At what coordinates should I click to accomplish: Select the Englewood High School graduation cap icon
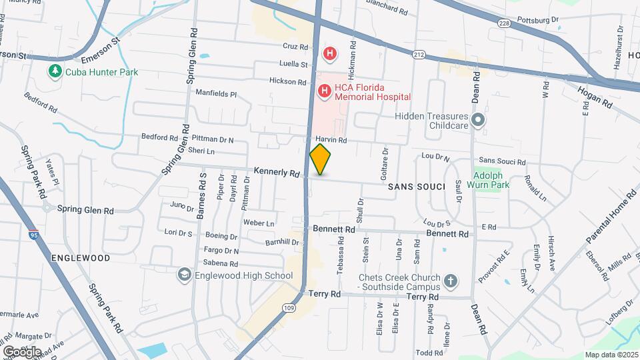click(x=184, y=275)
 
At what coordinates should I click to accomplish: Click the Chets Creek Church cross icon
click(x=451, y=281)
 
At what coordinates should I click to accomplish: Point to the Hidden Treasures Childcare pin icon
click(x=477, y=121)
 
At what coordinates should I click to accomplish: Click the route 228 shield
click(x=505, y=23)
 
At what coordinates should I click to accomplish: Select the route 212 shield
click(x=419, y=55)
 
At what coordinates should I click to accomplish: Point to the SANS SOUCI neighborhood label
click(x=417, y=187)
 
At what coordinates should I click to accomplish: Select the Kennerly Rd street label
click(x=277, y=173)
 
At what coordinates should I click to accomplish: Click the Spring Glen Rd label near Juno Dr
click(x=85, y=210)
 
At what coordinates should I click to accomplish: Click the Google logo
click(x=22, y=351)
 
